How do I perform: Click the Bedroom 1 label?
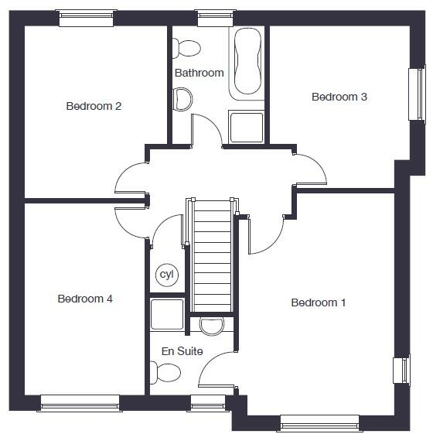318,302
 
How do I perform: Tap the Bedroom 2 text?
94,106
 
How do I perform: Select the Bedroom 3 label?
339,97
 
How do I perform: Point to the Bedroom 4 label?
85,299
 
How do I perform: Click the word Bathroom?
199,73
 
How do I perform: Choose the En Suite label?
182,351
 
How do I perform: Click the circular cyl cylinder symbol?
166,275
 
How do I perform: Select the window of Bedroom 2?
87,18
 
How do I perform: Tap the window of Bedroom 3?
417,94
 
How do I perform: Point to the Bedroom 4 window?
80,403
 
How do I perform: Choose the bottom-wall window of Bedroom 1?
319,422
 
